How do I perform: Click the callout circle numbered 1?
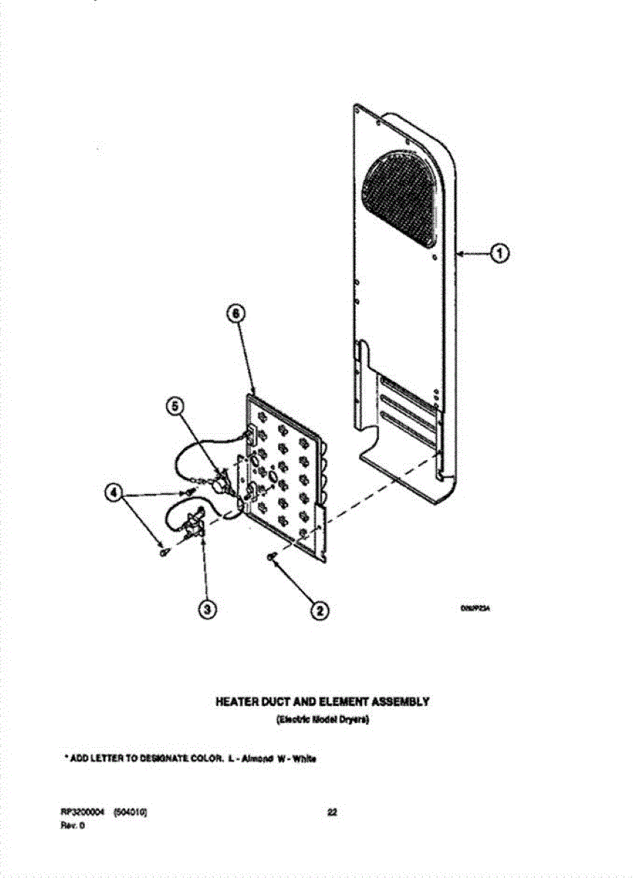pyautogui.click(x=499, y=254)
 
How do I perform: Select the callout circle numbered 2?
pyautogui.click(x=318, y=609)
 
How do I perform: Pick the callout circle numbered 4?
pyautogui.click(x=113, y=492)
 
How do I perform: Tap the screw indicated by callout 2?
pyautogui.click(x=273, y=560)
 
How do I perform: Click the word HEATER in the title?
pyautogui.click(x=235, y=702)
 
